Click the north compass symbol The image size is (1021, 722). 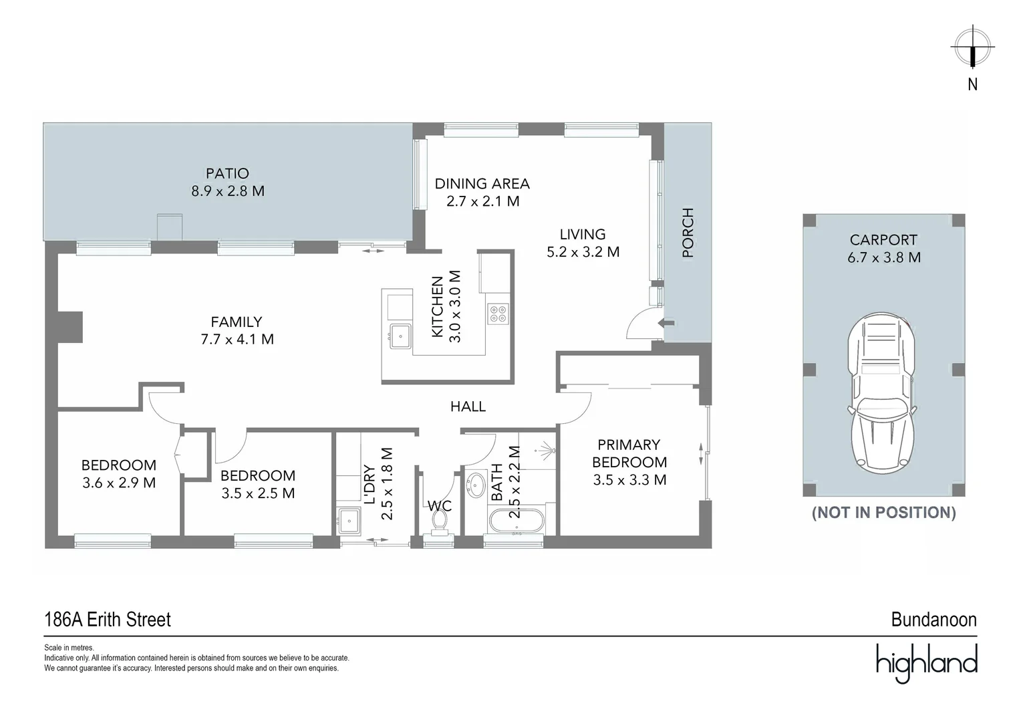(x=972, y=47)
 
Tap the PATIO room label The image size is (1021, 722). (x=227, y=173)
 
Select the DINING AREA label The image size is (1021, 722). (x=482, y=184)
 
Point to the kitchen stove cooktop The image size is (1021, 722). (x=498, y=314)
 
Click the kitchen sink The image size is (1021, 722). (x=400, y=336)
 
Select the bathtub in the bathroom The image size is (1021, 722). (x=517, y=521)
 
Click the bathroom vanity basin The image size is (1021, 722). (x=476, y=485)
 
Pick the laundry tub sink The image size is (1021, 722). (x=349, y=521)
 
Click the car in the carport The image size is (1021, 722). (x=881, y=392)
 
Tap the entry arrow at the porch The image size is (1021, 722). (x=666, y=324)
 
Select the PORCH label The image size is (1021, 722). (x=688, y=233)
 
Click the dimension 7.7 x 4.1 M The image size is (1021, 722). (x=237, y=340)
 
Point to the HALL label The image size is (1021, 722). (x=468, y=406)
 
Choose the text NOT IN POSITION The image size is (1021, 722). (x=884, y=513)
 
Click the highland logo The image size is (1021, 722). (x=927, y=663)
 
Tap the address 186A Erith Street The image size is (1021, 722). (x=108, y=619)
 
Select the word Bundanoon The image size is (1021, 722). (x=934, y=619)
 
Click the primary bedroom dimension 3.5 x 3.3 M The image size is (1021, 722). (x=629, y=480)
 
